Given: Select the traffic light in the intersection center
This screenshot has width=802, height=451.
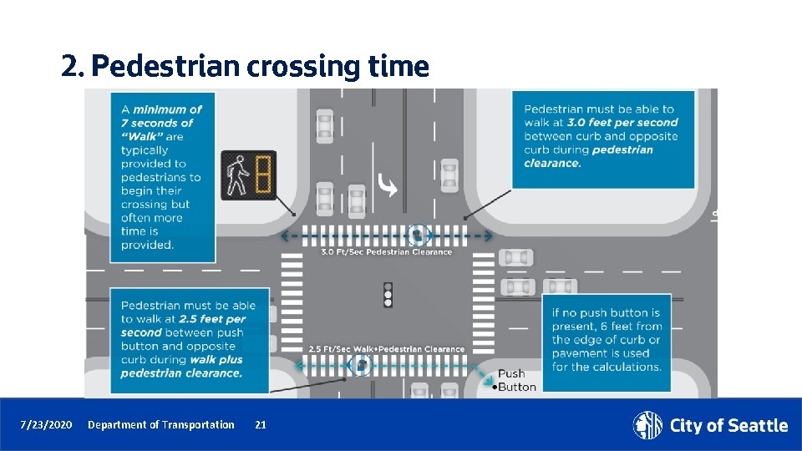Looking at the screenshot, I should [388, 295].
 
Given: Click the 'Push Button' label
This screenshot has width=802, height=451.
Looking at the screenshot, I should [511, 380].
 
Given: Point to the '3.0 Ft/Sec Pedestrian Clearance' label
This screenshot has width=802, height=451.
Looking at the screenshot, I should [386, 251].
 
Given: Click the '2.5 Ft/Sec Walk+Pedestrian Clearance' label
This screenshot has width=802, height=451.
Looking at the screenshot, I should [386, 349].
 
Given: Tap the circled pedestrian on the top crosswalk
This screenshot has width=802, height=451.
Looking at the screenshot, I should [417, 236].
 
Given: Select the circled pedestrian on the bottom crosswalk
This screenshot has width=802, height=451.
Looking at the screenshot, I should [361, 364].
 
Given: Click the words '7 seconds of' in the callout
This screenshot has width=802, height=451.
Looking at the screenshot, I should [157, 123].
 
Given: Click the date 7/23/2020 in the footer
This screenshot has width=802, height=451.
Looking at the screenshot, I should [47, 425].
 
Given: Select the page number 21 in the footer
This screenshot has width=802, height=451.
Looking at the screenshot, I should [261, 425].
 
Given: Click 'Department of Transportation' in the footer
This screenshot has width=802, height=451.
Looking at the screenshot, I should [161, 425].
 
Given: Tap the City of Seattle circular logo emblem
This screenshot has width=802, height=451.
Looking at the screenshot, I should [647, 425].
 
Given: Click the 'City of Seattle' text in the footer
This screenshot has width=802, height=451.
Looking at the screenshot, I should [728, 426].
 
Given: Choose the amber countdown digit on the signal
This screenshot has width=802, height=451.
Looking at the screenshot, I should [263, 175].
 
